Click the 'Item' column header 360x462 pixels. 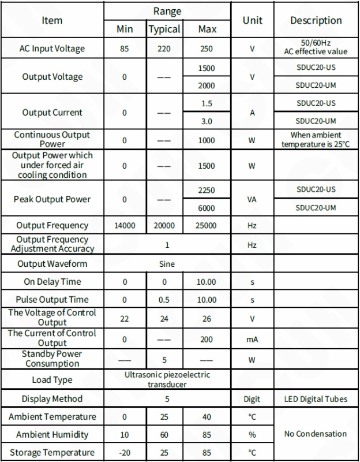(x=52, y=20)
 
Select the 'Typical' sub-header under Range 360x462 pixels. (x=164, y=29)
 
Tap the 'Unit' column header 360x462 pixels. (x=252, y=20)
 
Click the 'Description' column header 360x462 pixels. (x=316, y=20)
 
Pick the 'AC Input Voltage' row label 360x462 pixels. (x=52, y=49)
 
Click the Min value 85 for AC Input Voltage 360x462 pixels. (x=125, y=49)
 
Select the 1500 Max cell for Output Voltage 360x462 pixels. (x=206, y=68)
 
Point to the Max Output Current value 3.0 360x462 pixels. (x=206, y=121)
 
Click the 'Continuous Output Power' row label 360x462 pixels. (x=52, y=139)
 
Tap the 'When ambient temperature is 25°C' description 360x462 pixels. (x=316, y=139)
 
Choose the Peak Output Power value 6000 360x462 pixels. (x=206, y=208)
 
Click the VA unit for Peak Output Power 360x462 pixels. (x=252, y=199)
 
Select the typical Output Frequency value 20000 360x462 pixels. (x=164, y=226)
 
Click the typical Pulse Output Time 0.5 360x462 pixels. (x=164, y=300)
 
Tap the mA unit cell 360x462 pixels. (x=252, y=340)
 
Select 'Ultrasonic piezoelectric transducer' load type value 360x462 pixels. (x=167, y=379)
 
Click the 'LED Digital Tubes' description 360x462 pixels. (x=316, y=399)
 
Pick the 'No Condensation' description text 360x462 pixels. (x=316, y=434)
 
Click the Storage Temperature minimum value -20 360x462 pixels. (x=125, y=453)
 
